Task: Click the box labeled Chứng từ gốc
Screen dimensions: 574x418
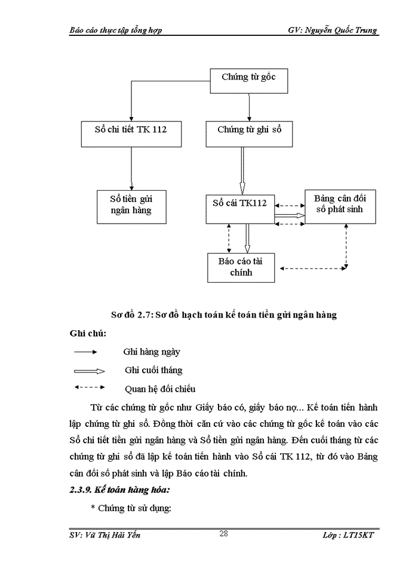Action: point(249,78)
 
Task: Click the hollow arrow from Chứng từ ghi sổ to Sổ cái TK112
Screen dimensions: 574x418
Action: point(242,170)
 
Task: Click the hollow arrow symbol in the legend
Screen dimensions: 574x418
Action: point(90,371)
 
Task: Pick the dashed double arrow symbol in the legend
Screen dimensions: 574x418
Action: point(90,387)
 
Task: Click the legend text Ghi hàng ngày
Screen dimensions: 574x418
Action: point(152,352)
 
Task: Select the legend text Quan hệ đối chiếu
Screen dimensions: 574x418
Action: point(159,389)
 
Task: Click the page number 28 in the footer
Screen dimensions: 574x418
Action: point(223,534)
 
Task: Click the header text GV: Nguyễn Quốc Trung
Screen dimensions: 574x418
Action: point(333,30)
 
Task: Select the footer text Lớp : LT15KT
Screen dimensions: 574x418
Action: point(351,535)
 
